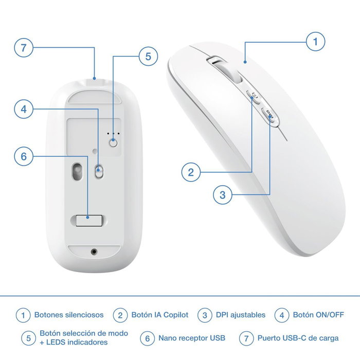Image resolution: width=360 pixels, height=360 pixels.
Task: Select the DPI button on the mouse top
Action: click(x=271, y=116)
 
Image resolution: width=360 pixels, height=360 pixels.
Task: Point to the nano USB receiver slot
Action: click(x=88, y=220)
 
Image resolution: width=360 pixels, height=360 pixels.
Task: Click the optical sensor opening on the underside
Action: click(x=78, y=171)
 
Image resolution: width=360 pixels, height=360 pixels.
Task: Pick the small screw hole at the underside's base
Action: click(x=94, y=251)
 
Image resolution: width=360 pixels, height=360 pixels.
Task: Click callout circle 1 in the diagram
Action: click(x=316, y=42)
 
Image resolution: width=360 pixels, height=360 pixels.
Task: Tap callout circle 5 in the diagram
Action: click(x=148, y=57)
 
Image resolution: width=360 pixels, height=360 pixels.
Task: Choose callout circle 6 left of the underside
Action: click(x=24, y=156)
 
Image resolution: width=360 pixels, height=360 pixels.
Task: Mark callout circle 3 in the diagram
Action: click(x=222, y=195)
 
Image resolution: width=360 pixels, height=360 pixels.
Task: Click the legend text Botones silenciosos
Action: click(x=69, y=315)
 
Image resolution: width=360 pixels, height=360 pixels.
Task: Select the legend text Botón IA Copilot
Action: click(x=160, y=315)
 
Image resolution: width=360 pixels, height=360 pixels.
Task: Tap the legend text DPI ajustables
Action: click(x=241, y=315)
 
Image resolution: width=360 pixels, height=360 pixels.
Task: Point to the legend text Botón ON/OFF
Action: click(x=318, y=315)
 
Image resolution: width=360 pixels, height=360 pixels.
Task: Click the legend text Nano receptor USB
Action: click(x=192, y=338)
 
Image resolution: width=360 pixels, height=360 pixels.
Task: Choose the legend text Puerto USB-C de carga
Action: click(x=298, y=338)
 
